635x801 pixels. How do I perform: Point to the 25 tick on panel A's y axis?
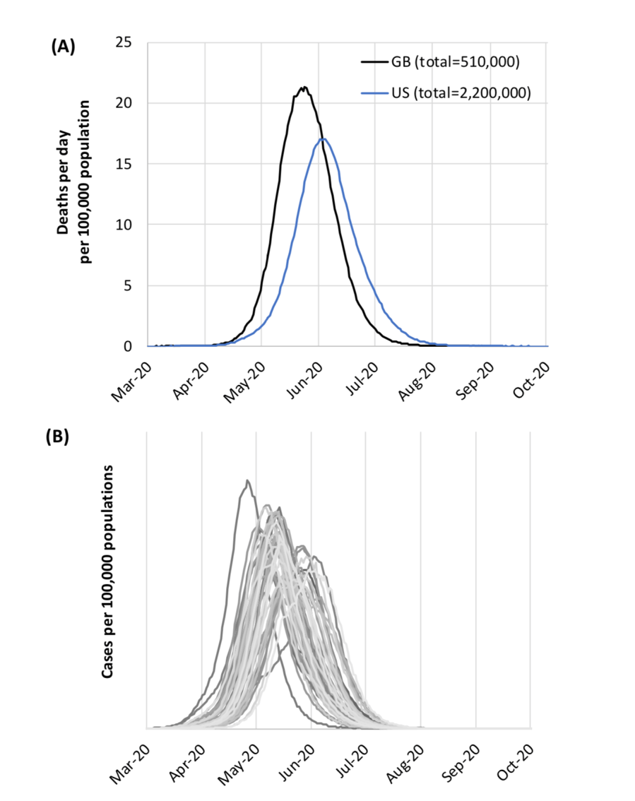[124, 42]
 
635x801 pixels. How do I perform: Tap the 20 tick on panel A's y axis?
[124, 103]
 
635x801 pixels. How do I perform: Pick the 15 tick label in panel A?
[124, 164]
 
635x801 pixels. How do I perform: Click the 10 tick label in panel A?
[124, 225]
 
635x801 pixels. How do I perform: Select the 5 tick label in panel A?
[128, 286]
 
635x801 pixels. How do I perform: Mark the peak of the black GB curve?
[304, 88]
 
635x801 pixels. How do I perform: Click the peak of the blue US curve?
[323, 138]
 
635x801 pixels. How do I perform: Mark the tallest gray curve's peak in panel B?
[247, 480]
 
